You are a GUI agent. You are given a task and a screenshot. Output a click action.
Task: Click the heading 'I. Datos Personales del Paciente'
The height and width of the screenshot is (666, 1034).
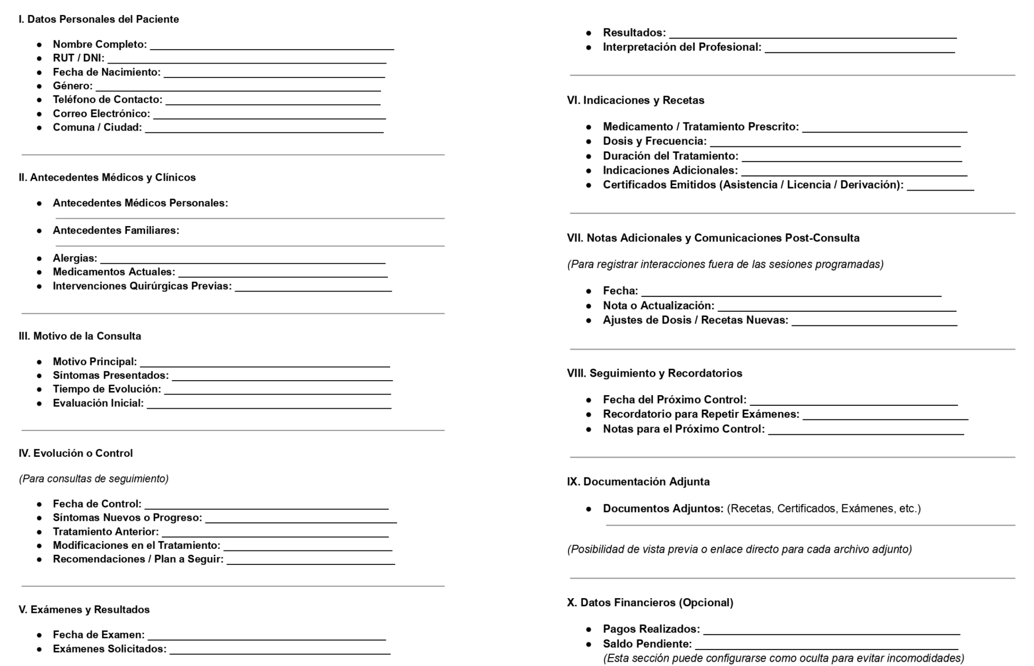point(99,19)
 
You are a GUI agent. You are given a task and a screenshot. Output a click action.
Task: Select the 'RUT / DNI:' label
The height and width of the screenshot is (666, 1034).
point(78,59)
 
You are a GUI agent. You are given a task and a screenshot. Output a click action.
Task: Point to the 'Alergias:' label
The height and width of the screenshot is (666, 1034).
point(75,258)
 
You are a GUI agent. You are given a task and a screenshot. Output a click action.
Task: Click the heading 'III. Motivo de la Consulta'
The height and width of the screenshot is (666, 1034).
point(80,336)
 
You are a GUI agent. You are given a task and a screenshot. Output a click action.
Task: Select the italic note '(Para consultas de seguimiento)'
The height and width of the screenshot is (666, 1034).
point(94,479)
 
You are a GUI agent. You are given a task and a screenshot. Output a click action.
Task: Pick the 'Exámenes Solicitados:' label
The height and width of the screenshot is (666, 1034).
point(109,649)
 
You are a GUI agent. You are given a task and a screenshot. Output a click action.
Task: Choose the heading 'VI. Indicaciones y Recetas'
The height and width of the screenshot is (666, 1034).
point(635,101)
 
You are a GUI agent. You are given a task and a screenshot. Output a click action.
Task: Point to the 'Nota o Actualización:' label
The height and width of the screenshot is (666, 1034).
point(658,306)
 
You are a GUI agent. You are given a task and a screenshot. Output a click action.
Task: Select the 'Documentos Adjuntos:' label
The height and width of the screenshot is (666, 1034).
point(663,509)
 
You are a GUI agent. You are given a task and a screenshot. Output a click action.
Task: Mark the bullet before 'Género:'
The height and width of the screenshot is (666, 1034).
point(39,86)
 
